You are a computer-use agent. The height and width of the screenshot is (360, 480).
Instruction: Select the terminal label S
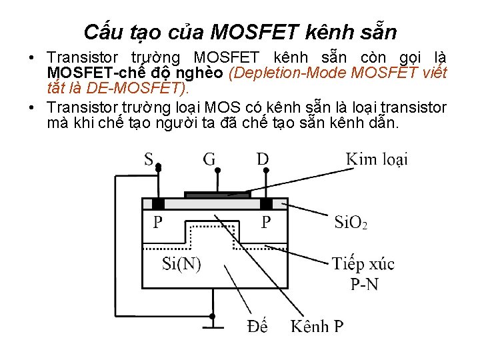pyautogui.click(x=149, y=159)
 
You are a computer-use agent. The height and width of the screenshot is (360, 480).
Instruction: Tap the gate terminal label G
pyautogui.click(x=209, y=159)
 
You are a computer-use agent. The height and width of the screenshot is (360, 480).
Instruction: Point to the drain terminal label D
pyautogui.click(x=263, y=159)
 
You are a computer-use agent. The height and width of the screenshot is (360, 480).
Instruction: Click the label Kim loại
pyautogui.click(x=377, y=159)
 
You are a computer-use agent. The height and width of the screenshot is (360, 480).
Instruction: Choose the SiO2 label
pyautogui.click(x=350, y=221)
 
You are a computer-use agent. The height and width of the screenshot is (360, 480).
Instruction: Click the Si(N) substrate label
pyautogui.click(x=181, y=263)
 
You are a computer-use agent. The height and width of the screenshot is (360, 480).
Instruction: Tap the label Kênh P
pyautogui.click(x=317, y=327)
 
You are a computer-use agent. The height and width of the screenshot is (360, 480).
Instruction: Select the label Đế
pyautogui.click(x=257, y=326)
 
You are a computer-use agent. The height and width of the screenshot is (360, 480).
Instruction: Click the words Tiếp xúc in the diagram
pyautogui.click(x=363, y=264)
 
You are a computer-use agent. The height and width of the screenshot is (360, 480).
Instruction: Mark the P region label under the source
pyautogui.click(x=157, y=222)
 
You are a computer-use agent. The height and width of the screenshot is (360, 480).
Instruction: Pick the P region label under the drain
pyautogui.click(x=266, y=222)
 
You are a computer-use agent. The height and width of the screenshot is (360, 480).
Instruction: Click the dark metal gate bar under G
pyautogui.click(x=217, y=195)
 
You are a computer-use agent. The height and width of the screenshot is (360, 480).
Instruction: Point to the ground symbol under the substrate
pyautogui.click(x=213, y=327)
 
